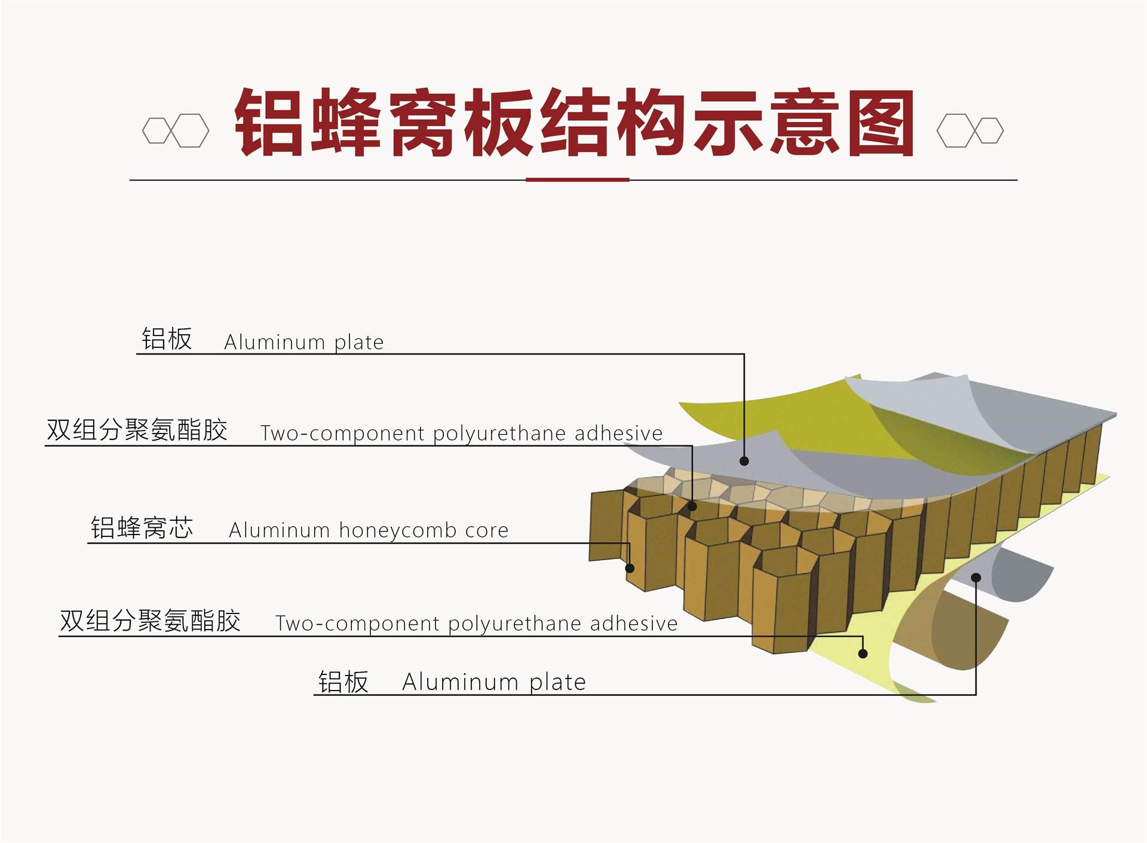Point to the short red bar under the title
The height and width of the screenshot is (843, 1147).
577,179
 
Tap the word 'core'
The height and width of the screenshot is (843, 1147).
487,530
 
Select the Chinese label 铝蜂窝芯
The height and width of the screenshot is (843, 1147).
142,528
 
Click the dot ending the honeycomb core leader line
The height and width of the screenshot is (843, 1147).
630,568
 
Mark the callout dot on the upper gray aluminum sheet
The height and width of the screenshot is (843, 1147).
744,461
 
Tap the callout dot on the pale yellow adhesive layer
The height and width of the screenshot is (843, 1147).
863,653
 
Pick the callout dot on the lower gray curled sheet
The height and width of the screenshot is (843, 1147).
976,578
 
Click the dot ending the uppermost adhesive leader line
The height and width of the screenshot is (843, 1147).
692,506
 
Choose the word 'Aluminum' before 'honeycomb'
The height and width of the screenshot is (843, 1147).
279,530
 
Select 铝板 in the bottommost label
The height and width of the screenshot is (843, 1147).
344,682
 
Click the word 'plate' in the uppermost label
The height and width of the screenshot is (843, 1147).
358,342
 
